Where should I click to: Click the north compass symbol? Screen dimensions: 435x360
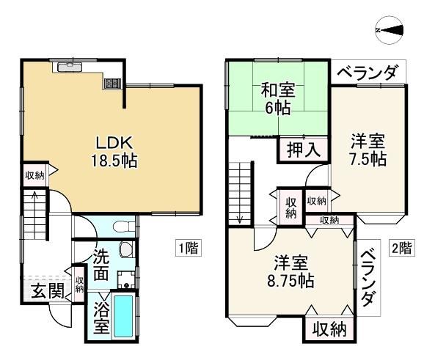(390, 30)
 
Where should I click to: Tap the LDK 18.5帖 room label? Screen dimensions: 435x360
(114, 153)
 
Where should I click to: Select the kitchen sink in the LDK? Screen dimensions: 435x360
(70, 67)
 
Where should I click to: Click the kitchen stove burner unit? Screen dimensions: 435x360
(113, 84)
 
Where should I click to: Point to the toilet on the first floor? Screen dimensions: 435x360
(124, 227)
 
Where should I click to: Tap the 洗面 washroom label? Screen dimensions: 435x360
(100, 265)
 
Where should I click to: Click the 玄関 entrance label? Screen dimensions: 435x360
(48, 292)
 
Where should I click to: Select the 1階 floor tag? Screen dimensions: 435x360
(188, 248)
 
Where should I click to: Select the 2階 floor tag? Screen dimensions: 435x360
(402, 248)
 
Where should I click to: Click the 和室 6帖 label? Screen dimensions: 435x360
(278, 99)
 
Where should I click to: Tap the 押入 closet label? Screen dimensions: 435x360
(304, 150)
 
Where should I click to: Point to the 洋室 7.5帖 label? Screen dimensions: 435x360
(368, 150)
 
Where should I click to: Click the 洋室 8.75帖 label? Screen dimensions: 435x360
(290, 272)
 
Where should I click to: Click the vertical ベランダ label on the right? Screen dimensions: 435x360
(369, 278)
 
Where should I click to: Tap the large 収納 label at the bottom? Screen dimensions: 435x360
(330, 329)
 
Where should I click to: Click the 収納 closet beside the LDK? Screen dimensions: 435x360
(35, 175)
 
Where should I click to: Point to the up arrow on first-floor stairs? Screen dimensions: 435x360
(34, 196)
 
